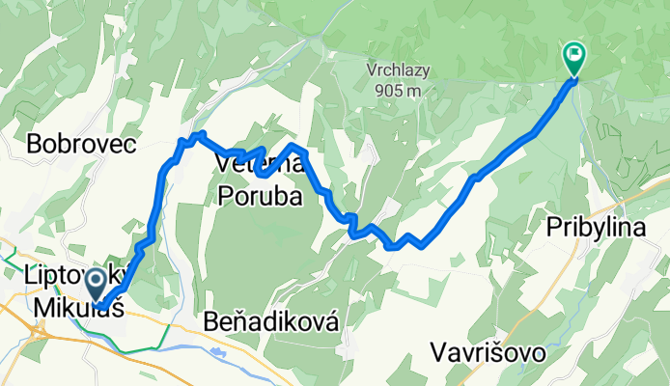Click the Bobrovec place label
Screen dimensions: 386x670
[82, 144]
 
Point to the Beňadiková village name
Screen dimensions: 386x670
[271, 321]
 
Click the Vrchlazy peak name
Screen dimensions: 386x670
[398, 70]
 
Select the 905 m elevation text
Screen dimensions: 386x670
[397, 91]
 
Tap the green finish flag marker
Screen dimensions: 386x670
[573, 57]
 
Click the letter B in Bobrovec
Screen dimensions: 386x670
[35, 144]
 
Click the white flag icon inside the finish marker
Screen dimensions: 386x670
[573, 54]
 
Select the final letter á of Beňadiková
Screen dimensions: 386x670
[332, 321]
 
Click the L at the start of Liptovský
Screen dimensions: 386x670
[25, 277]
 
